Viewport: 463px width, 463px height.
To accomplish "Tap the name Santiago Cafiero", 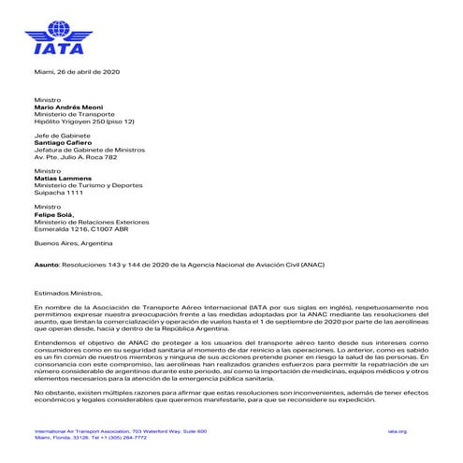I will click(x=66, y=143).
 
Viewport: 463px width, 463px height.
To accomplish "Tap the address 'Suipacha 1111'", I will click(x=59, y=193).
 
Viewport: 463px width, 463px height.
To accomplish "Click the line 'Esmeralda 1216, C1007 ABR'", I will click(x=80, y=228).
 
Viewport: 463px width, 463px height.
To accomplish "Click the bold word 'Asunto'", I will click(x=46, y=265).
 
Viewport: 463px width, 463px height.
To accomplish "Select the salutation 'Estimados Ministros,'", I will click(x=68, y=293).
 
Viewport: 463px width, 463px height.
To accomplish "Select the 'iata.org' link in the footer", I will click(x=421, y=431).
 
